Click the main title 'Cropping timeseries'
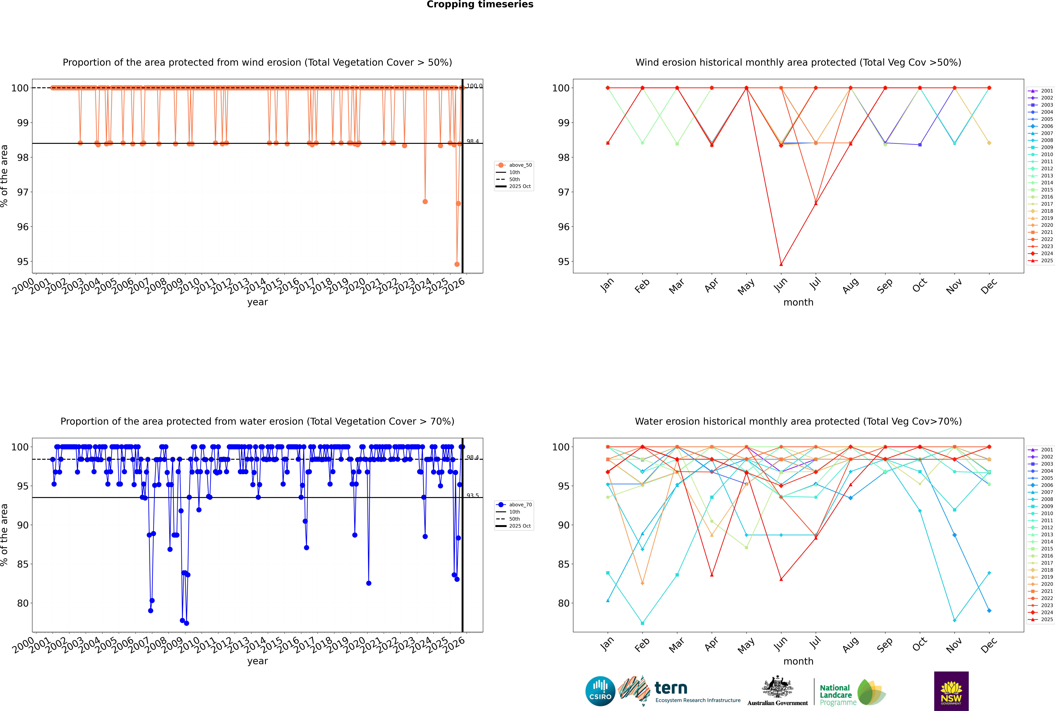480,5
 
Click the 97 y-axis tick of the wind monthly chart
563,192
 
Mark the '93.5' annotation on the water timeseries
473,496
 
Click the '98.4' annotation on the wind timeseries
473,141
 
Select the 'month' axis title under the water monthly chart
798,661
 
